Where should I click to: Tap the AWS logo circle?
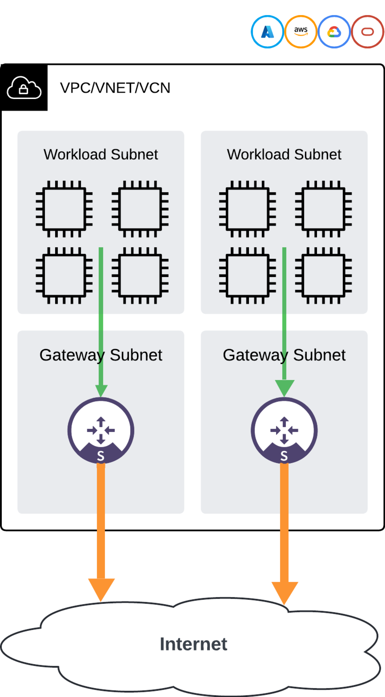[301, 32]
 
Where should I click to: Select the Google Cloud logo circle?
[334, 32]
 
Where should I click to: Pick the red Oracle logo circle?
[367, 32]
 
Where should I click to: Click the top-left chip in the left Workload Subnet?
[64, 209]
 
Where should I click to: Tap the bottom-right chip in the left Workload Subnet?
[140, 275]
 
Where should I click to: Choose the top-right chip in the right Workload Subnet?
[324, 209]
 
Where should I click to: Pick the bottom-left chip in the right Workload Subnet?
[248, 275]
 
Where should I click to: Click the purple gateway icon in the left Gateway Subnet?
[101, 430]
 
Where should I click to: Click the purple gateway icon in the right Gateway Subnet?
[284, 430]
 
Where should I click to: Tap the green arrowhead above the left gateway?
[101, 390]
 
